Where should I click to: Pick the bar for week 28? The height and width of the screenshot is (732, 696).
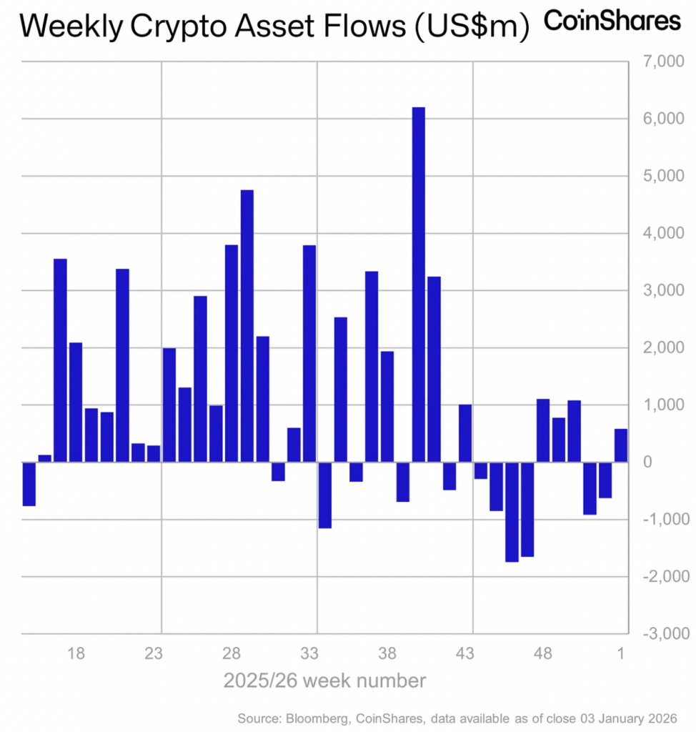pyautogui.click(x=232, y=353)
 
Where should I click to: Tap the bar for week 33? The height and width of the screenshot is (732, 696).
pyautogui.click(x=309, y=353)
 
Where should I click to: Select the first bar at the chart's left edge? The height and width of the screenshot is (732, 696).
pyautogui.click(x=29, y=484)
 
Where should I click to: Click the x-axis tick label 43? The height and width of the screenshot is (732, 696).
pyautogui.click(x=465, y=653)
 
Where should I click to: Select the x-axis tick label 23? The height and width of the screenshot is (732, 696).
pyautogui.click(x=154, y=653)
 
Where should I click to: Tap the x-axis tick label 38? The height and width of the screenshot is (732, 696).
pyautogui.click(x=387, y=653)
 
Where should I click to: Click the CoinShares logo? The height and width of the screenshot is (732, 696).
pyautogui.click(x=612, y=21)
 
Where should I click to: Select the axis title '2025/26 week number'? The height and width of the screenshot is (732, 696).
pyautogui.click(x=324, y=681)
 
